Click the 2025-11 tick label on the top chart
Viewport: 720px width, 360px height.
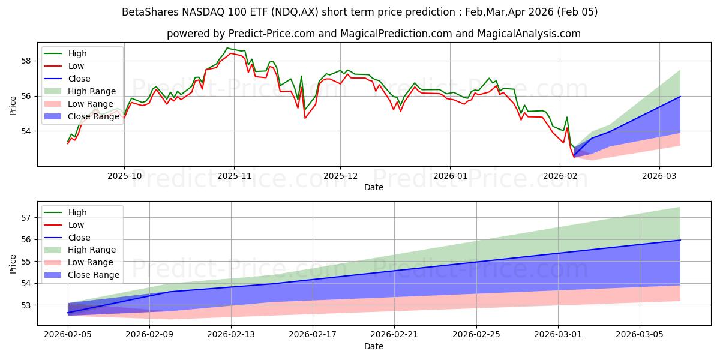[234, 175]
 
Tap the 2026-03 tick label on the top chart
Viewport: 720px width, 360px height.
[659, 175]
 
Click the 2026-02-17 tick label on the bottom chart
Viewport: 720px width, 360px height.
[313, 334]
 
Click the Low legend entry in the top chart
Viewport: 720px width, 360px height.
[77, 66]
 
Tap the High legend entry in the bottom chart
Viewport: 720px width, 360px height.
[77, 212]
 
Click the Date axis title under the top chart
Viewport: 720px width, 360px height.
[374, 187]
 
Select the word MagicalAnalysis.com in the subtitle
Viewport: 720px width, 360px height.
[529, 34]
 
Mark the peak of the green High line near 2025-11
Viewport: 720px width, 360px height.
[227, 48]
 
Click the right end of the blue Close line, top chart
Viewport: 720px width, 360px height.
[680, 97]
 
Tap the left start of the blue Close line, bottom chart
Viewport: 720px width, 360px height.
[68, 313]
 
